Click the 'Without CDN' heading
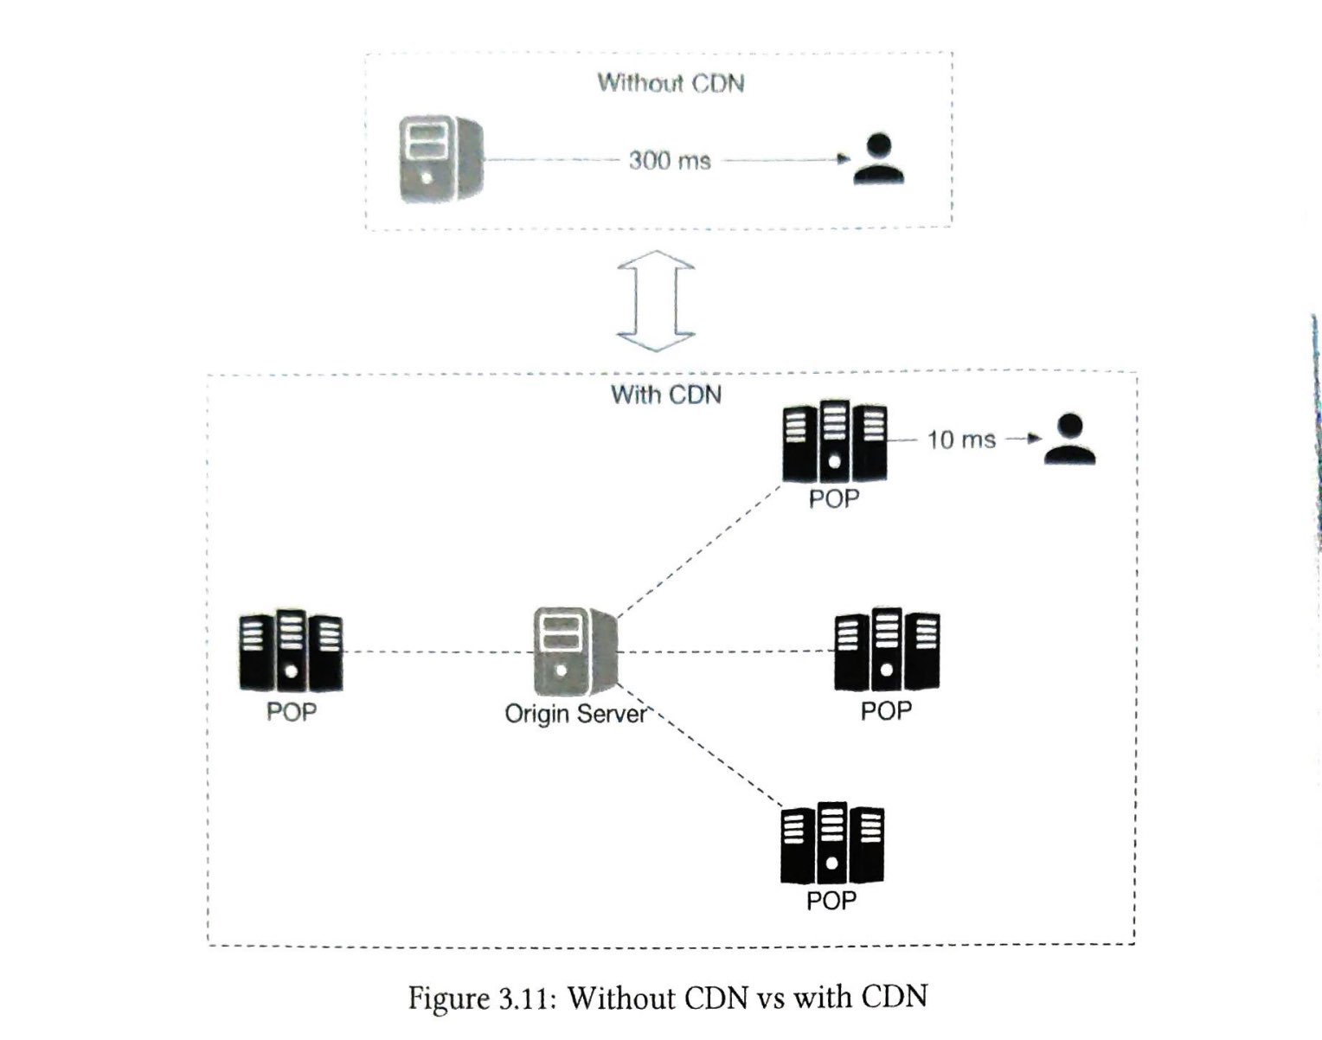(x=671, y=83)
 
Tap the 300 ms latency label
(x=670, y=161)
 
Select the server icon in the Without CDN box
(x=440, y=160)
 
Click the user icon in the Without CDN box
(x=878, y=159)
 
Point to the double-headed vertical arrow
(x=655, y=301)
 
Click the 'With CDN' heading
(x=666, y=395)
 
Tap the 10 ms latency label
(x=960, y=440)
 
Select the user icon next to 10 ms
(x=1069, y=440)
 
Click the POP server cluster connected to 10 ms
(x=834, y=442)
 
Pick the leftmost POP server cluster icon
(x=291, y=652)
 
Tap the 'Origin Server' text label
(x=575, y=715)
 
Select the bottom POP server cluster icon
(x=831, y=844)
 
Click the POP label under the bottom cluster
(x=831, y=901)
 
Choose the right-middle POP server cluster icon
(x=886, y=650)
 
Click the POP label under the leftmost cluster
(x=291, y=712)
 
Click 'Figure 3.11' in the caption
(x=479, y=998)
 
